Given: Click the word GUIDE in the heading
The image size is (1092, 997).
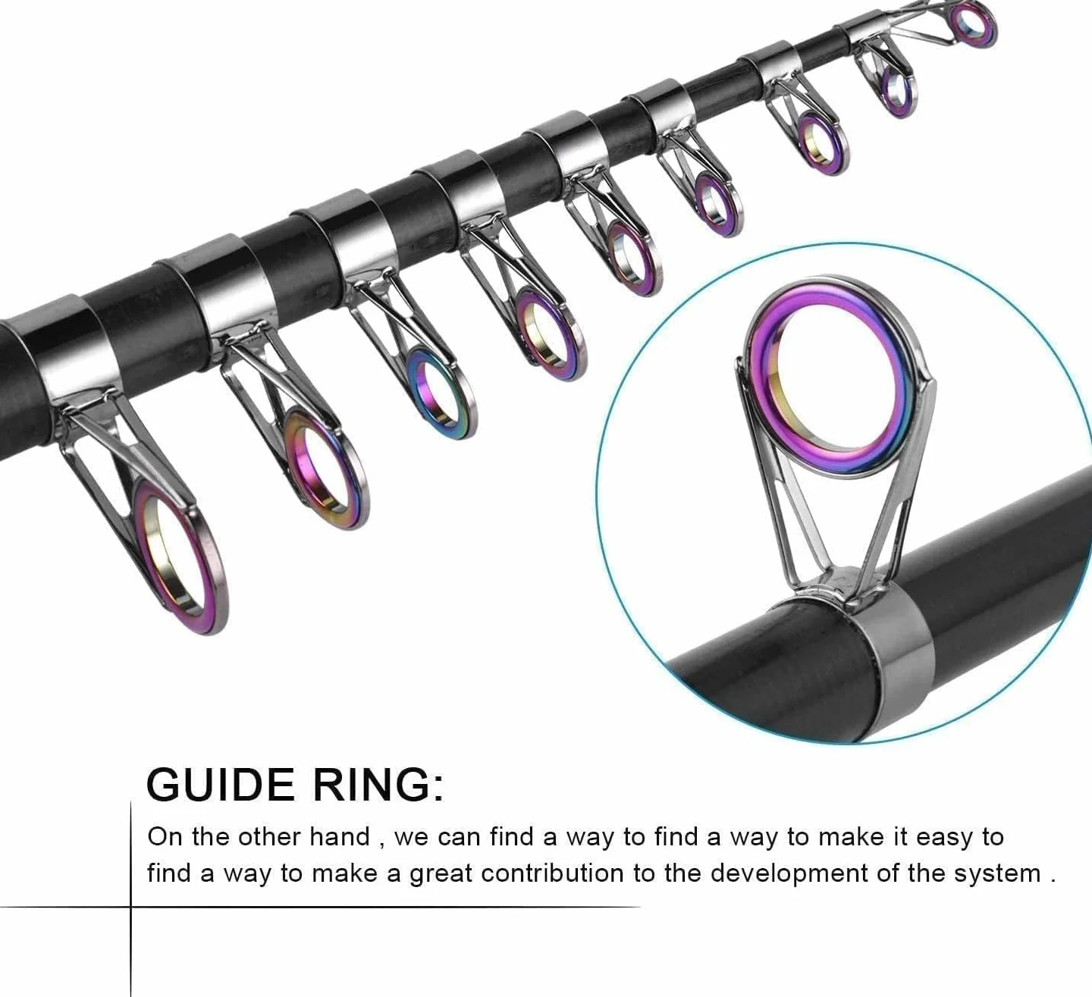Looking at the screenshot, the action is coord(221,785).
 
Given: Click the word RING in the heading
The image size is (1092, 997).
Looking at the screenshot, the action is coord(372,785).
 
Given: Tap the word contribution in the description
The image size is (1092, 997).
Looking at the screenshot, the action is coord(553,873).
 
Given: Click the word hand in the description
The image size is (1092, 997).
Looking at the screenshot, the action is coord(340,836).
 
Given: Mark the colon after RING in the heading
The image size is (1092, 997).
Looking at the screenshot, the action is coord(438,791).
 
